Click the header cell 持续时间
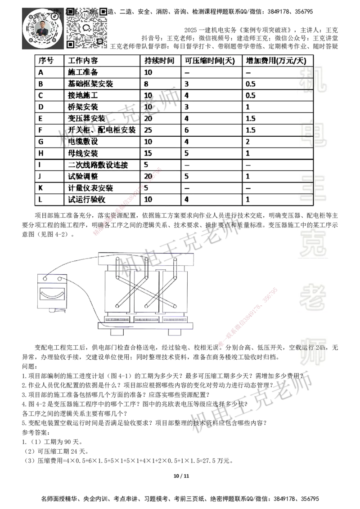(159, 60)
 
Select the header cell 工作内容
(82, 60)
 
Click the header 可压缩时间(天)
(210, 60)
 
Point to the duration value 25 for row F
(148, 130)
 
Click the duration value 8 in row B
(146, 84)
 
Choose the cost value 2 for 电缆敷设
(247, 142)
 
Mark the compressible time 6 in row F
(187, 130)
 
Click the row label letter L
(41, 199)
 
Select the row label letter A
(41, 72)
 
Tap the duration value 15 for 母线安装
(148, 153)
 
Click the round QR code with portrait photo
(42, 28)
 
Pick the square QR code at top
(88, 27)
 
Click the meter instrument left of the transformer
(52, 291)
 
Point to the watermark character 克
(313, 243)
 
